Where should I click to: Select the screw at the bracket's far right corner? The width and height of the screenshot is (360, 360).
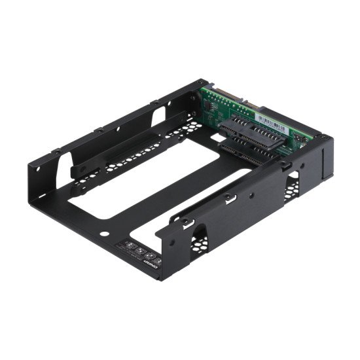click(323, 137)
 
